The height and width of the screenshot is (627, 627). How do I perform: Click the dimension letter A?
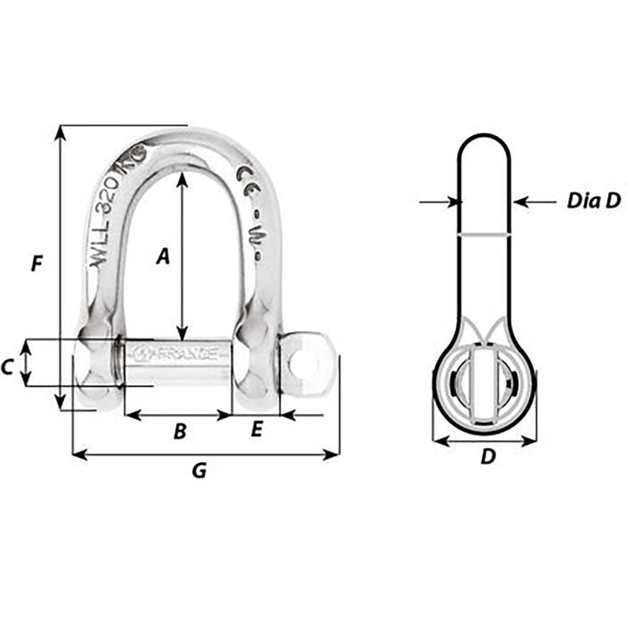162,257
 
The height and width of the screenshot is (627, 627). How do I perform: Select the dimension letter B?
179,432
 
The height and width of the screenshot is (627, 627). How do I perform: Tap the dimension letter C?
7,365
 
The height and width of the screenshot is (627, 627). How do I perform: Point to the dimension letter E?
256,431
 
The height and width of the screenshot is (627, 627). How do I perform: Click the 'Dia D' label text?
593,202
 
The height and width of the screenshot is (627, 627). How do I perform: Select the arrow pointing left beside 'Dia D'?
521,202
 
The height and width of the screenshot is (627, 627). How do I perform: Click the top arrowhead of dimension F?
61,132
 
